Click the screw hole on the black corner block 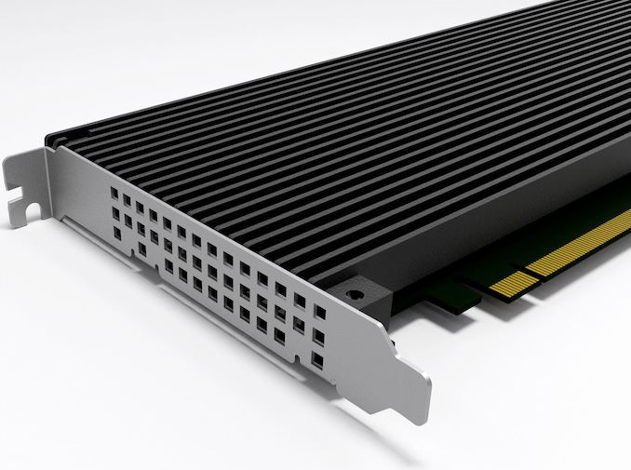pos(354,294)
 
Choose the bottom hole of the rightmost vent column pos(318,356)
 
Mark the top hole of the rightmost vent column pos(320,312)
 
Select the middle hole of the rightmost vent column pos(319,334)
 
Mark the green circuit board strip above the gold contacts pos(558,223)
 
